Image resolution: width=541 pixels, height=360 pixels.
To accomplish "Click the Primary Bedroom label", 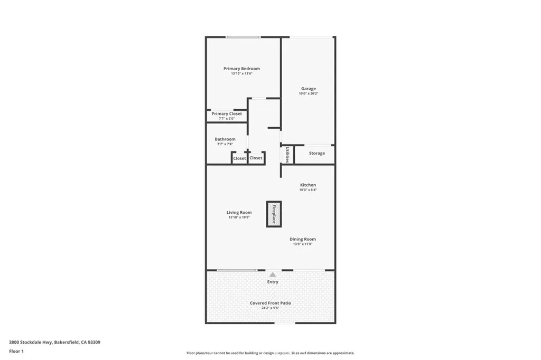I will point(241,69).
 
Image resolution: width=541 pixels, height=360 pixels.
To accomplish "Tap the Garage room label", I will point(309,89).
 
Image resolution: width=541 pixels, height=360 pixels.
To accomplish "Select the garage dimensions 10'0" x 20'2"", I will point(309,94).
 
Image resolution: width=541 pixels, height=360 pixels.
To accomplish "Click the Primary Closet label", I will point(227,113).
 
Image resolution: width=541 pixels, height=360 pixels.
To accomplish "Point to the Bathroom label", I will point(225,139).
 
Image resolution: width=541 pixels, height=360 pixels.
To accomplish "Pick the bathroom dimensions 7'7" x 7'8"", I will point(225,144).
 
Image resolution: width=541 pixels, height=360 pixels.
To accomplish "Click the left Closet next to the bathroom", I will point(239,158).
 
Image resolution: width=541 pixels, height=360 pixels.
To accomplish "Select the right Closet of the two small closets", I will point(256,158).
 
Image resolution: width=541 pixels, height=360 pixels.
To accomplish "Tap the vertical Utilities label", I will point(287,155).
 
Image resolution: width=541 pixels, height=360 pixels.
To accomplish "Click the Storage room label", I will point(317,154).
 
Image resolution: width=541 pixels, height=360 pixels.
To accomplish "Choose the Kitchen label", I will point(308,185).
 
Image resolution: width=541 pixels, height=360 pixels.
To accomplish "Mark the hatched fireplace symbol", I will point(274,214).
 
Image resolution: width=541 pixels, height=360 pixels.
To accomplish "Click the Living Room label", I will point(239,212).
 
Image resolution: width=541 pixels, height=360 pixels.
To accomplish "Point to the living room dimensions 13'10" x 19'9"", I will point(239,217).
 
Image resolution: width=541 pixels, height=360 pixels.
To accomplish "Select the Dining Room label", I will point(303,239).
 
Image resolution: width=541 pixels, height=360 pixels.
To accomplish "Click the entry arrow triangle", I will point(273,274).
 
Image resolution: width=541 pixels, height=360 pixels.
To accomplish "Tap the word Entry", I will point(273,282).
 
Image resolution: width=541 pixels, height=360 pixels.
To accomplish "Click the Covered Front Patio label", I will point(270,303).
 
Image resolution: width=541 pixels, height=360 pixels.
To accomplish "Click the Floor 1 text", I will point(17,351).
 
